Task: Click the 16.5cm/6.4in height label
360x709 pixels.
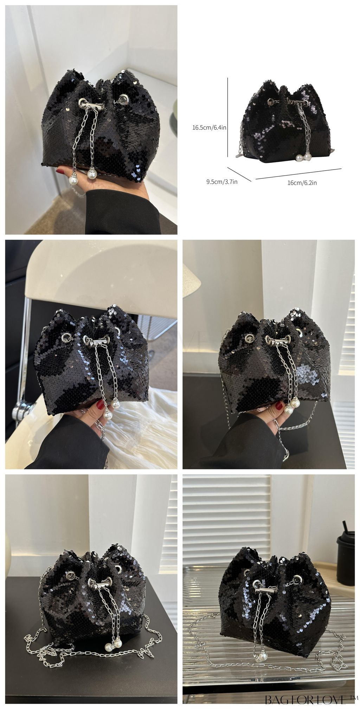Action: pyautogui.click(x=209, y=128)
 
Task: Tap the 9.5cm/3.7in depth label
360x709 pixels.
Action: pyautogui.click(x=222, y=182)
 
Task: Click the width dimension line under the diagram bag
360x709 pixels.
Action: pyautogui.click(x=298, y=174)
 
